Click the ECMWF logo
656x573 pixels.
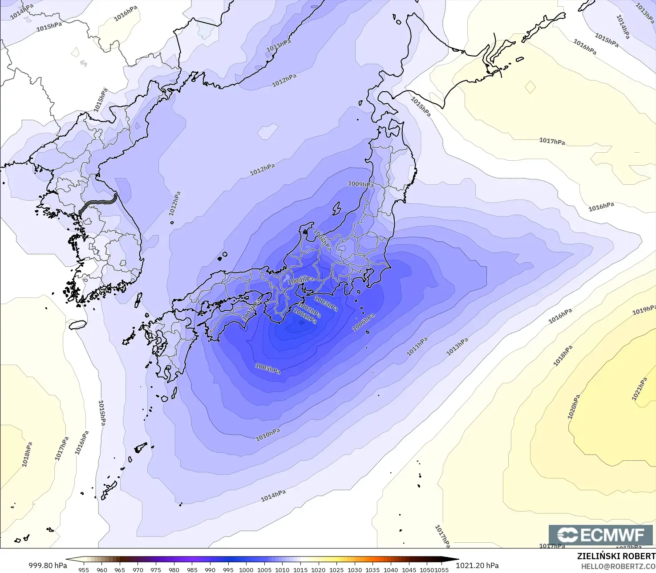[600, 535]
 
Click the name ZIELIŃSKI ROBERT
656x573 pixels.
[616, 556]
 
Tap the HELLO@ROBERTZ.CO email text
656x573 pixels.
[618, 566]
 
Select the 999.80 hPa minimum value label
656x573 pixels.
[48, 565]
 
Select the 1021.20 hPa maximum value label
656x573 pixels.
[477, 565]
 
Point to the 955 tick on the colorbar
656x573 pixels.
[84, 569]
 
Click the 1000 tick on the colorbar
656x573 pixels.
[246, 569]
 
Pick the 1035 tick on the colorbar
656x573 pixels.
[373, 569]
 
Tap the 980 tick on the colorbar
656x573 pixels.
[174, 569]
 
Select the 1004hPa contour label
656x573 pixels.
[300, 280]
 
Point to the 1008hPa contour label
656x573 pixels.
[322, 240]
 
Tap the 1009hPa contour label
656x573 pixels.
[360, 184]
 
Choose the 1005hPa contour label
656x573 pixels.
[268, 368]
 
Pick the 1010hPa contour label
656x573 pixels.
[268, 435]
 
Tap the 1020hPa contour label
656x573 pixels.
[574, 406]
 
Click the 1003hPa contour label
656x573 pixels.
[326, 304]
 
